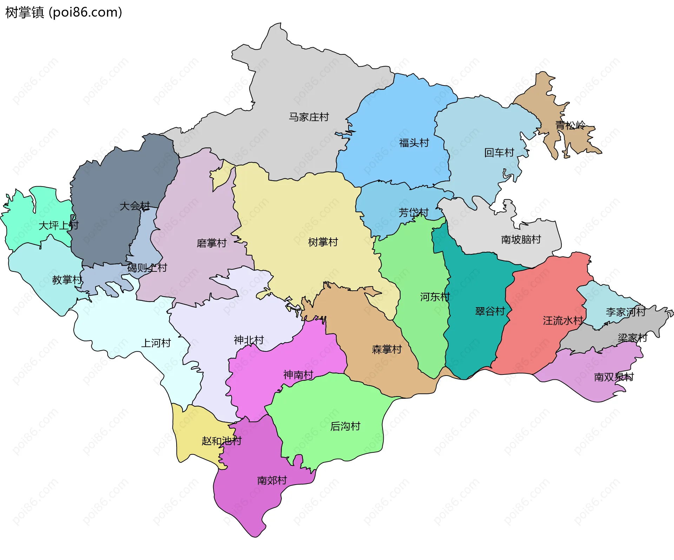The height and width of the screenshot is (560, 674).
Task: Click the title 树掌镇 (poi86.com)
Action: [64, 13]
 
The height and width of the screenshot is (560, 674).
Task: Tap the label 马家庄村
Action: [309, 117]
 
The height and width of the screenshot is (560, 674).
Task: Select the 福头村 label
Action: [414, 143]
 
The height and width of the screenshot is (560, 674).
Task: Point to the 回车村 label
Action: [499, 153]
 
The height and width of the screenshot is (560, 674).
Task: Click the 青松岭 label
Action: [570, 126]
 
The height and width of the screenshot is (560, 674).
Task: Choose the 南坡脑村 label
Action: [521, 240]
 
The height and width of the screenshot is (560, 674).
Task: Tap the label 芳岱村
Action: [414, 213]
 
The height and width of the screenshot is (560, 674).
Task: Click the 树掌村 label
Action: [323, 242]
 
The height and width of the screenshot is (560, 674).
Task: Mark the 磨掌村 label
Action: [212, 243]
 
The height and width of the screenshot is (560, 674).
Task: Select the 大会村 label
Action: [135, 206]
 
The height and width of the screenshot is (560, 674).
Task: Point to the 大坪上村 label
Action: [59, 225]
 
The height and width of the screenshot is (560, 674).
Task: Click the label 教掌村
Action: [67, 280]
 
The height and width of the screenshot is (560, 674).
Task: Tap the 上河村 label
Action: [156, 343]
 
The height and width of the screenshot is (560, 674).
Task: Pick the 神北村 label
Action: [249, 340]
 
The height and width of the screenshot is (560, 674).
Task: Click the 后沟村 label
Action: [345, 426]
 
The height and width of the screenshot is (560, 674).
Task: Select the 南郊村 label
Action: [272, 480]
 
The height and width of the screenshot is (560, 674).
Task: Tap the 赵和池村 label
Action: [222, 441]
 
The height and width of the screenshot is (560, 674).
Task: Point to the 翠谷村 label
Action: [490, 311]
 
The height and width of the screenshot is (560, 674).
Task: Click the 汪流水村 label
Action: [563, 321]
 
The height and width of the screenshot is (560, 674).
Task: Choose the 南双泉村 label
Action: [614, 377]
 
